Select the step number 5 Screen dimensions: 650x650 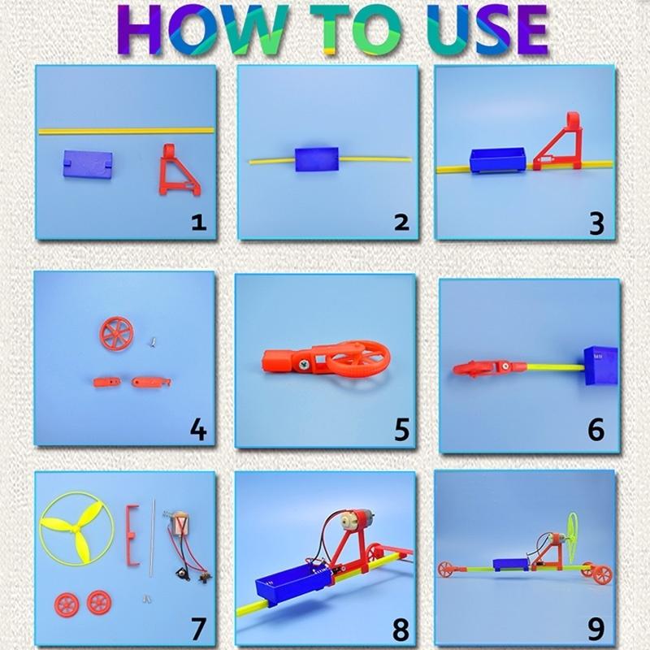click(401, 429)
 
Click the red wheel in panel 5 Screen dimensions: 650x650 click(362, 358)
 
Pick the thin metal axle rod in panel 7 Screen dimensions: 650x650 click(152, 540)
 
